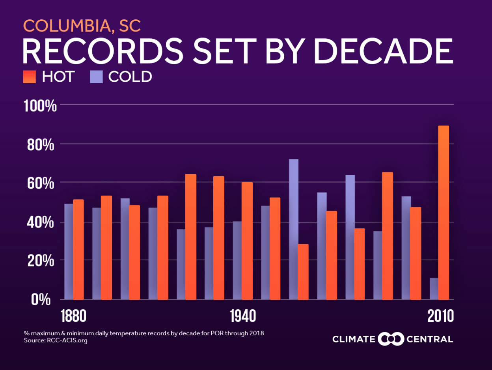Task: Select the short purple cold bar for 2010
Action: (x=434, y=289)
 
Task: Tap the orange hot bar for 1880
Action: (x=78, y=249)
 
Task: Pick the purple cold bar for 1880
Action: (x=69, y=252)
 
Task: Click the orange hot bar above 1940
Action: (x=247, y=241)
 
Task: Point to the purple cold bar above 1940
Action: (x=237, y=260)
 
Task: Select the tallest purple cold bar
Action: (x=293, y=229)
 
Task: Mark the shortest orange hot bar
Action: (x=303, y=272)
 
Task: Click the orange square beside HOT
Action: (x=30, y=77)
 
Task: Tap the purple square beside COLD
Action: (x=96, y=77)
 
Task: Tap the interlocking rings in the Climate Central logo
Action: (x=391, y=339)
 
